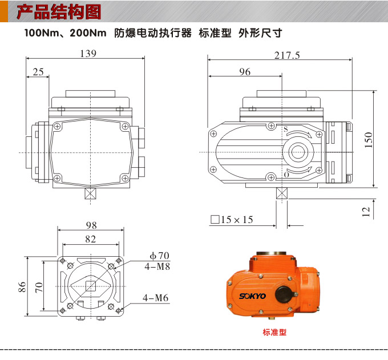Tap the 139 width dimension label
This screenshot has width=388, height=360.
pos(88,54)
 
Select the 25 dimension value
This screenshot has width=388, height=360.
pos(38,72)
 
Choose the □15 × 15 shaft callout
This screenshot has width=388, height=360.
pos(232,220)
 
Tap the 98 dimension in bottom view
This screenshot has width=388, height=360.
pos(91,225)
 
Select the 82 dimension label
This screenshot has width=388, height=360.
pos(90,239)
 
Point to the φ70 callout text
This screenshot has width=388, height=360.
pos(159,256)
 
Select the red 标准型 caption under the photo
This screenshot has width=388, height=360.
pos(274,333)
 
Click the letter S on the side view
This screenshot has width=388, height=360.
pos(285,129)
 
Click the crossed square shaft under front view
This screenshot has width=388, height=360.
pos(90,193)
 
